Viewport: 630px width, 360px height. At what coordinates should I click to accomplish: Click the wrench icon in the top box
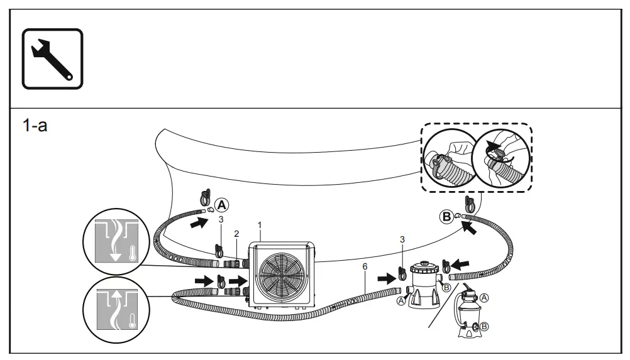tap(52, 58)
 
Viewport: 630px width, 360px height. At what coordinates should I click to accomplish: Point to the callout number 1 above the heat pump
tap(260, 224)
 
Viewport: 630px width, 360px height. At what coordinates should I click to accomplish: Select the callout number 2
tap(236, 234)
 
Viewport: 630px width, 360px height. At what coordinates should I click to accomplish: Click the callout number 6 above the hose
tap(365, 267)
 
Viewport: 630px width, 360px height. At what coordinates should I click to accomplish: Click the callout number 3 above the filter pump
tap(402, 239)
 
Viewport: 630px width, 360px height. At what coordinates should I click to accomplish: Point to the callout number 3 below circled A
tap(221, 219)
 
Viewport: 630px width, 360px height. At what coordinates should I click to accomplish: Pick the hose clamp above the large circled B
tap(468, 203)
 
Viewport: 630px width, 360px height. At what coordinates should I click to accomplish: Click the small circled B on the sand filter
tap(485, 326)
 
